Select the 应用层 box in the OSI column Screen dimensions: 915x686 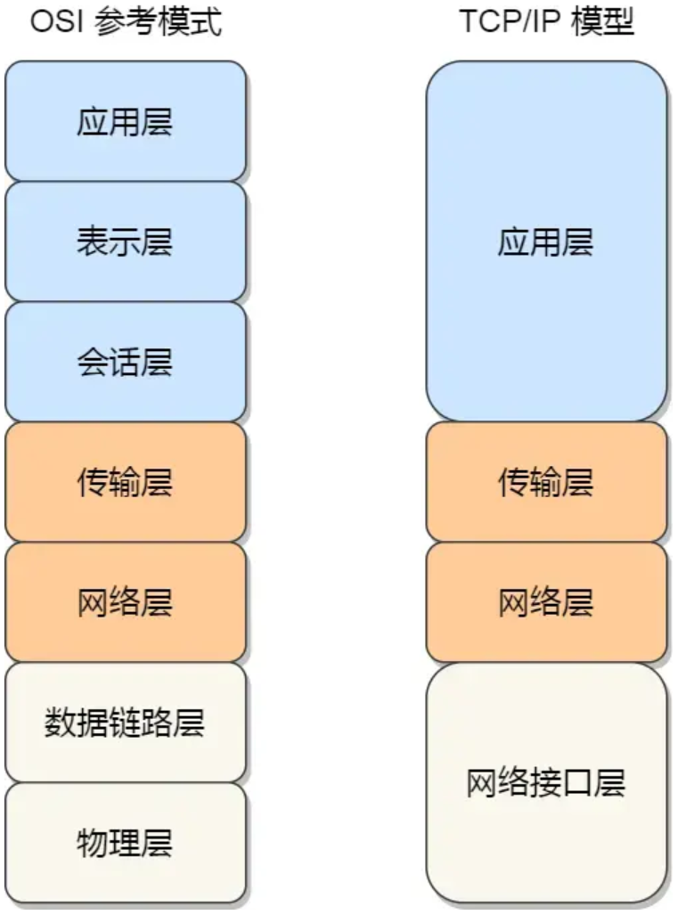point(125,121)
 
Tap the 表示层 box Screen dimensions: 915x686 point(125,241)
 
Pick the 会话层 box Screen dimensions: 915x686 point(125,362)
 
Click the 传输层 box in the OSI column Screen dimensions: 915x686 point(125,482)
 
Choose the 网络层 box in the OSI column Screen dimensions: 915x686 point(125,602)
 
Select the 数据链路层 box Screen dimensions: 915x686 point(125,723)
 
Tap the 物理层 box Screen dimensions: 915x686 point(125,843)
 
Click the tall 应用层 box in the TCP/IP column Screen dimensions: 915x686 point(546,241)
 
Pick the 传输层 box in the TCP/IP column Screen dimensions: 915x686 point(546,482)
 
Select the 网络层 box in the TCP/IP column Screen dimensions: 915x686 point(546,602)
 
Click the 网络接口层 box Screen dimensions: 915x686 point(546,783)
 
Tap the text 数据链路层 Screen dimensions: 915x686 point(125,723)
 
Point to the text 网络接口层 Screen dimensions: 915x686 point(546,783)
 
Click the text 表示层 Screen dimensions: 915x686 point(125,241)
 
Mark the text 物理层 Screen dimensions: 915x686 point(125,843)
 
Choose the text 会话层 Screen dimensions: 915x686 point(125,362)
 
